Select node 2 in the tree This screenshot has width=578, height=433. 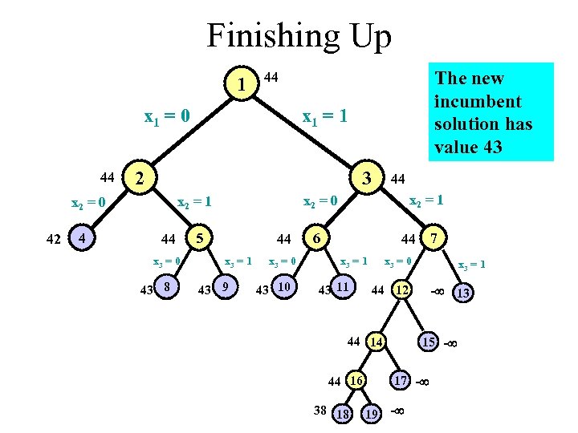tap(141, 177)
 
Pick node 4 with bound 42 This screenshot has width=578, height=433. tap(79, 237)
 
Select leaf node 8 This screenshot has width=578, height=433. tap(166, 286)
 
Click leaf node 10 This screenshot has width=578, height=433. tap(283, 286)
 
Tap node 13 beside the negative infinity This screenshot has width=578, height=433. tap(464, 293)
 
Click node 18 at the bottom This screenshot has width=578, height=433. tap(342, 414)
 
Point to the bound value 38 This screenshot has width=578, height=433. tap(320, 410)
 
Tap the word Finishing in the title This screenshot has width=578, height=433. tap(257, 37)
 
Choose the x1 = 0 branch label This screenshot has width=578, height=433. tap(167, 117)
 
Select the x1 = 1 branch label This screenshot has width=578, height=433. tap(324, 117)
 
